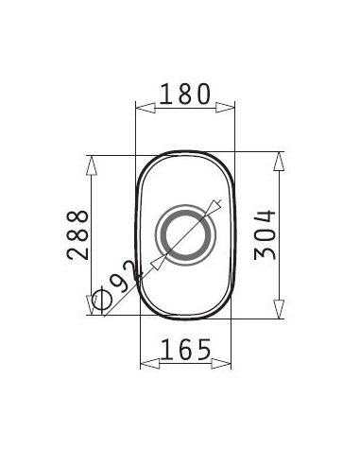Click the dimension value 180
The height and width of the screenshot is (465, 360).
[185, 94]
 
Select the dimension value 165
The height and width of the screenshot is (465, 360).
[185, 349]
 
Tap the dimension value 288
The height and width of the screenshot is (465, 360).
[77, 234]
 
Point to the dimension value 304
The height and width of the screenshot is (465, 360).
[265, 234]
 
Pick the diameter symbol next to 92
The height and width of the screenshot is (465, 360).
[102, 299]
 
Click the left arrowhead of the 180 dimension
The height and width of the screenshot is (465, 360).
[146, 108]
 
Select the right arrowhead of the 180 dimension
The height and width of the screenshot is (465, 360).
[226, 108]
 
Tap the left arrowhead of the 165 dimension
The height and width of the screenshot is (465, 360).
[150, 364]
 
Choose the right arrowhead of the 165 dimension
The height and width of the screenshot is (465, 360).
[221, 364]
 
